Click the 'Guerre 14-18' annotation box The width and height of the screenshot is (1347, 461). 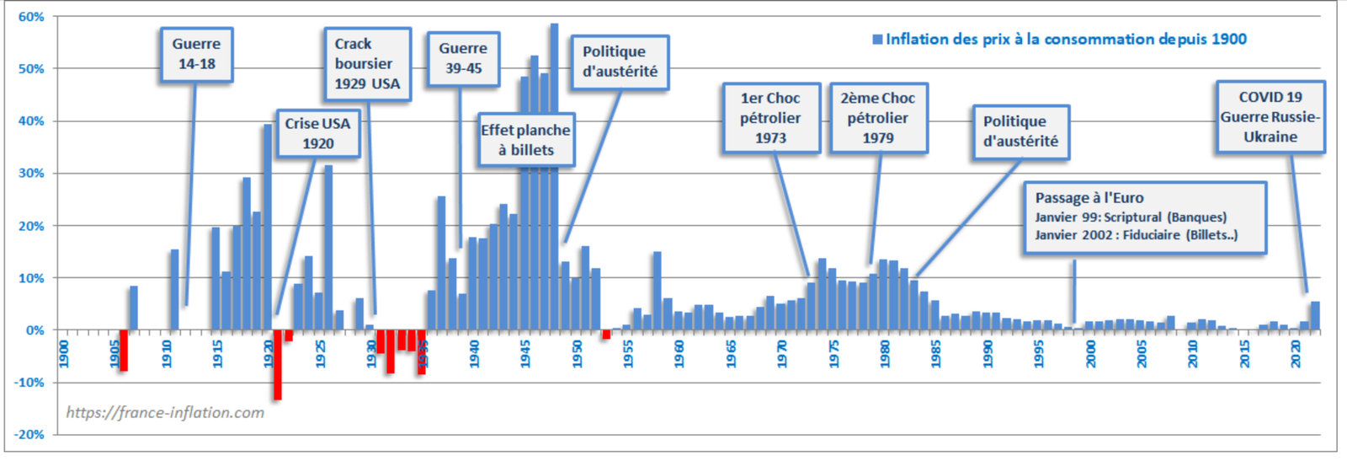tap(196, 54)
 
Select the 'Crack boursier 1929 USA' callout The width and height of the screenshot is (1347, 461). tap(367, 64)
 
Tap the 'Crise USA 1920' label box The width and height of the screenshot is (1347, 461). tap(317, 133)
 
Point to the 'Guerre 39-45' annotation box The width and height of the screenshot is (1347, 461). tap(462, 59)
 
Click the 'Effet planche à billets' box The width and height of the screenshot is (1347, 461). tap(526, 140)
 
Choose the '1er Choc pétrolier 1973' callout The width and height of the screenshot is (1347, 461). tap(770, 118)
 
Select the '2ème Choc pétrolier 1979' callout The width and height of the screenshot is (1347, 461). tap(878, 118)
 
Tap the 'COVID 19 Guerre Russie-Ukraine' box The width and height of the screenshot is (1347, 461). tap(1270, 117)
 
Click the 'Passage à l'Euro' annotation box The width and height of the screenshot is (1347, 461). tap(1144, 217)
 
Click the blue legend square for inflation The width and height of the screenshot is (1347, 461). tap(877, 40)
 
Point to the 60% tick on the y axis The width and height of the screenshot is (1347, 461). tap(31, 17)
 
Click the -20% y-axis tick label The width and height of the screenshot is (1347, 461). tap(29, 434)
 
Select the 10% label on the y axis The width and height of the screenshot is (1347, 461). tap(31, 278)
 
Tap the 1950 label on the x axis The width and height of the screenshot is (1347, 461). tap(577, 353)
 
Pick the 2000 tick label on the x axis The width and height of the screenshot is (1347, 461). tap(1090, 353)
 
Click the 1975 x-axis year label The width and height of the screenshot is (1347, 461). tap(833, 353)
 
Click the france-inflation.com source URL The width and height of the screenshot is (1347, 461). tap(165, 412)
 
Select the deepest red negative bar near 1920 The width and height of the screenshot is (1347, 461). tap(277, 364)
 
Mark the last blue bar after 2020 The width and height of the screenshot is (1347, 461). tap(1315, 316)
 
